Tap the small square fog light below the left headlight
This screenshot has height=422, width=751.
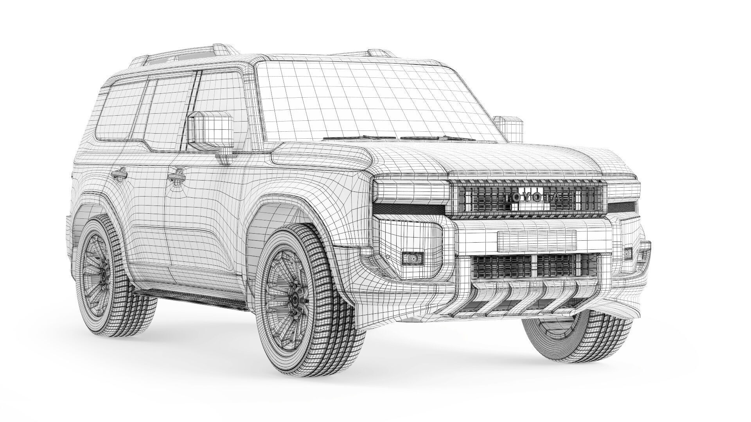tap(413, 258)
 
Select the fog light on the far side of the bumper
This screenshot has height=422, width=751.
tap(628, 253)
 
